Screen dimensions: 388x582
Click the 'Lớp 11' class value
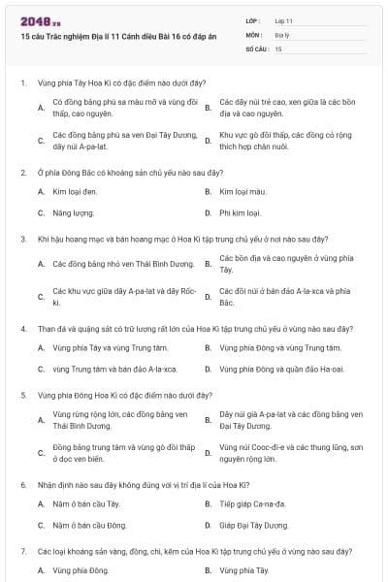coord(284,19)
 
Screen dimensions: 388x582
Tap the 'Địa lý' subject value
coord(282,34)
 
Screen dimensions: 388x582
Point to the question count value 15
coord(278,48)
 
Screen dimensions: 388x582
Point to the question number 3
coord(23,239)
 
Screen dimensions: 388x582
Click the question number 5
coord(23,395)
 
